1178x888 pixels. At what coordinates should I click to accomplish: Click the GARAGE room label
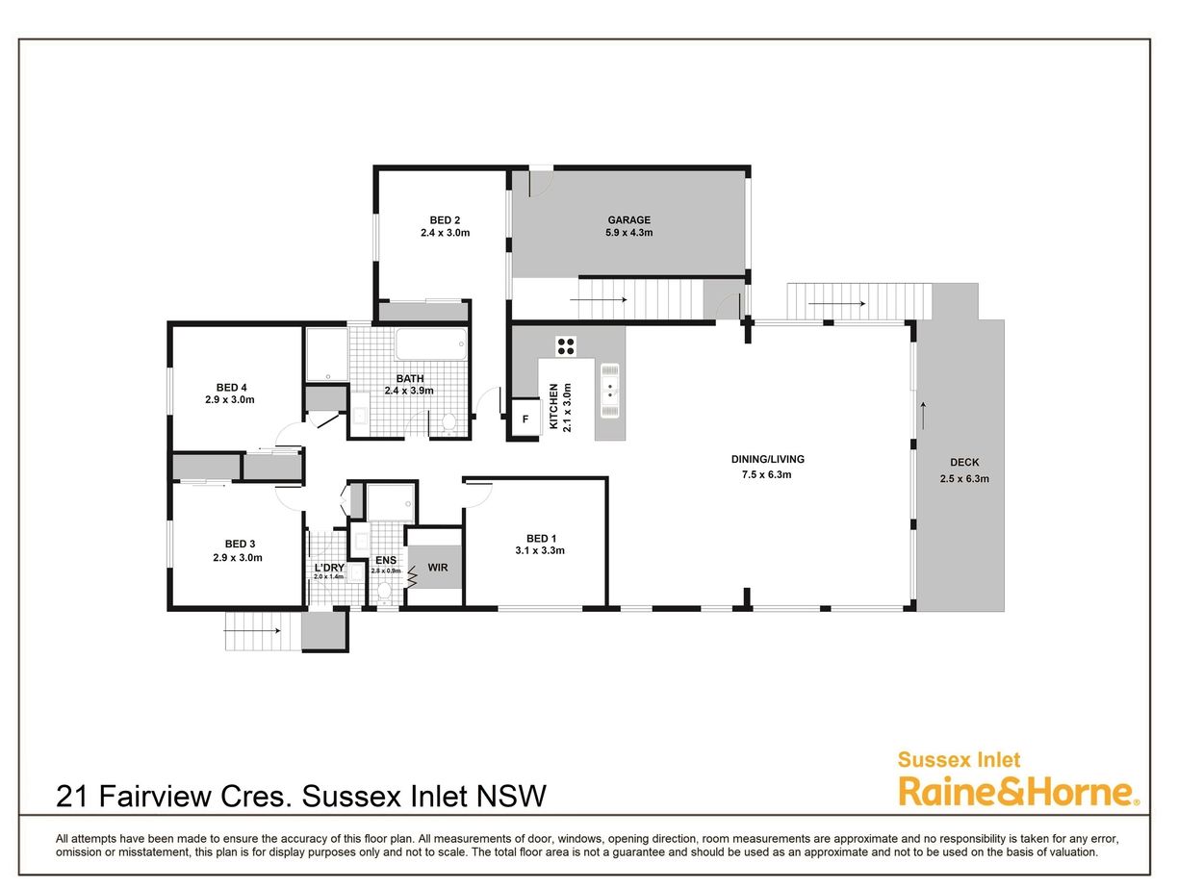[628, 220]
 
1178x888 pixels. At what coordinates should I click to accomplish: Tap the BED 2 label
[445, 220]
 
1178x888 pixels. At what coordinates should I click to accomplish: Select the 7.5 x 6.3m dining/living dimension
[766, 474]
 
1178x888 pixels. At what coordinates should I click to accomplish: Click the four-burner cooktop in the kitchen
[566, 346]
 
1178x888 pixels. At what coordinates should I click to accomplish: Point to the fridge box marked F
[525, 419]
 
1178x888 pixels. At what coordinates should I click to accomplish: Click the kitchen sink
[609, 391]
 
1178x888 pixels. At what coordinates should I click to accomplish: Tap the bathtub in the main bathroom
[431, 344]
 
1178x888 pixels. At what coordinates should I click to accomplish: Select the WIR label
[437, 568]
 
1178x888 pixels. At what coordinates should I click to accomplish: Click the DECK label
[964, 462]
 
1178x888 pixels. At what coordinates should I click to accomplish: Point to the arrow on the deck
[923, 415]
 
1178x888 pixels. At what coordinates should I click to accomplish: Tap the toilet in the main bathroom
[448, 422]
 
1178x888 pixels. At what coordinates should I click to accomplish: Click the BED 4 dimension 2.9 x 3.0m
[230, 399]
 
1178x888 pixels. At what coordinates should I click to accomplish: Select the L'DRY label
[329, 568]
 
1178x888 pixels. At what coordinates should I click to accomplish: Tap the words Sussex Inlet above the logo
[959, 760]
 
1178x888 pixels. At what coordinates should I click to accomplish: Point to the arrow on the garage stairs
[598, 300]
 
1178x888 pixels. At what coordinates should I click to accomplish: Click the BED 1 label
[541, 538]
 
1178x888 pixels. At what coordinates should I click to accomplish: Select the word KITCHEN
[553, 406]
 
